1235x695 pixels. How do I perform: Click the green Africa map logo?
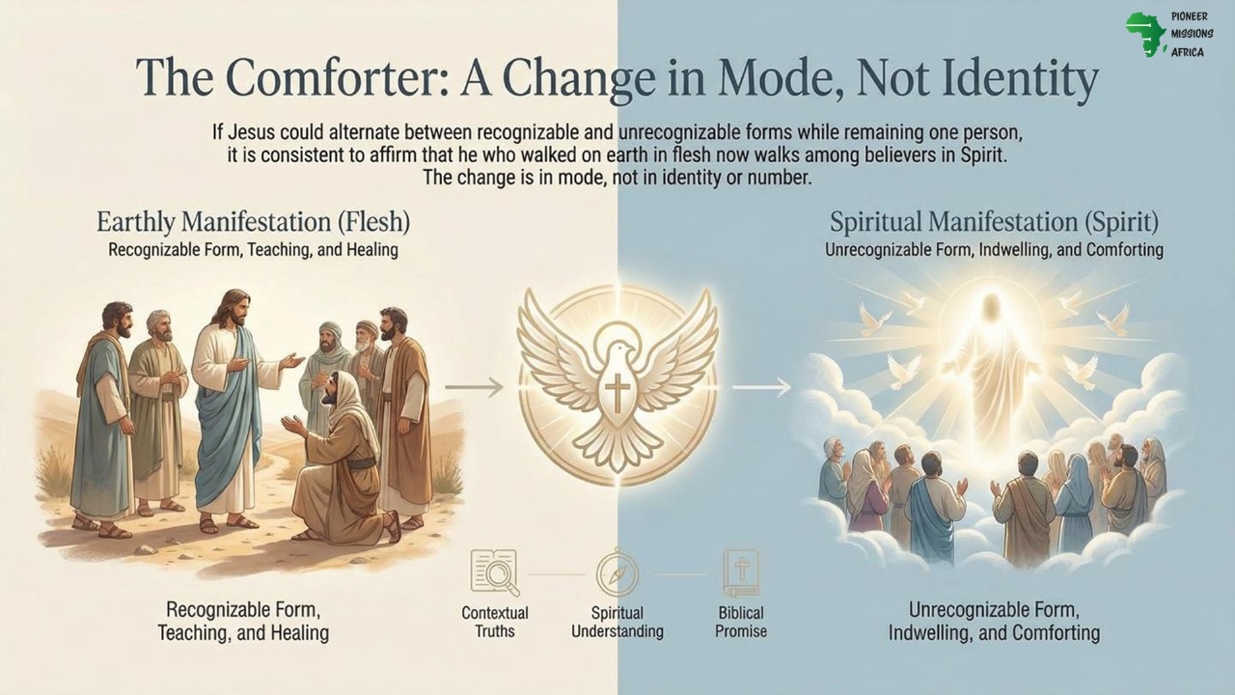pos(1145,34)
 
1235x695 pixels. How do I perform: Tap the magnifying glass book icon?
pos(494,571)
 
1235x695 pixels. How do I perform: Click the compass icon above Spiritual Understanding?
pos(617,573)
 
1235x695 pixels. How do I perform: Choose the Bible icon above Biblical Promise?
pos(741,572)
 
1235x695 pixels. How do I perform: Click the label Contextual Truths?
pos(495,622)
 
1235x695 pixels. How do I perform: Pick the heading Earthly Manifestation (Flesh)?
pos(253,222)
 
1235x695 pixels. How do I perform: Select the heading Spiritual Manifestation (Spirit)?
pos(994,222)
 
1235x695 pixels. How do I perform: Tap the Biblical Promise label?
pos(741,622)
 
